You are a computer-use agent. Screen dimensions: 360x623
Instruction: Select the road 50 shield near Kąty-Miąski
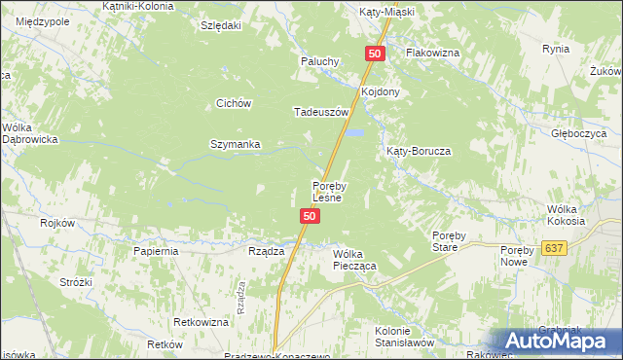[x=376, y=54]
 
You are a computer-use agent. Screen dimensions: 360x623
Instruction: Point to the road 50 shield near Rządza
[x=309, y=216]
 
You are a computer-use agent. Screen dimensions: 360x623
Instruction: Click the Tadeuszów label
[x=314, y=112]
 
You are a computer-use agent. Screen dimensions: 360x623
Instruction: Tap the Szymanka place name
[x=236, y=145]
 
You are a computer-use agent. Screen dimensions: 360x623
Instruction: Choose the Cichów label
[x=235, y=103]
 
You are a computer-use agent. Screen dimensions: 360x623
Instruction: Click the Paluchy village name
[x=318, y=61]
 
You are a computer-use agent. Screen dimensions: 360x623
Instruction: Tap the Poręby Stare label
[x=452, y=240]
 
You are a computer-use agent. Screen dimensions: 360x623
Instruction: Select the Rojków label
[x=57, y=223]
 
